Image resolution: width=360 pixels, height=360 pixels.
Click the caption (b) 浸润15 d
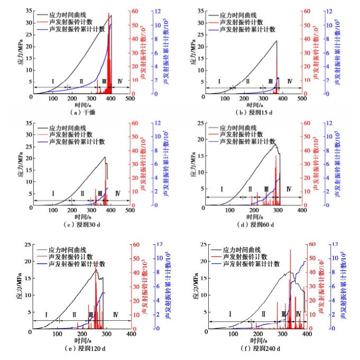pyautogui.click(x=257, y=112)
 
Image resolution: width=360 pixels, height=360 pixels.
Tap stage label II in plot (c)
pyautogui.click(x=82, y=194)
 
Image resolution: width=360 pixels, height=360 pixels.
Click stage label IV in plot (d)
pyautogui.click(x=289, y=189)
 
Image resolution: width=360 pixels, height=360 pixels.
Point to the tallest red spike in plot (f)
pyautogui.click(x=290, y=250)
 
